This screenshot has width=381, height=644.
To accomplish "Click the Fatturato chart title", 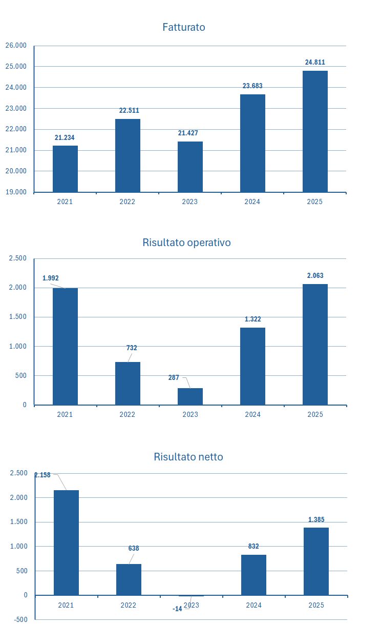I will (x=184, y=27).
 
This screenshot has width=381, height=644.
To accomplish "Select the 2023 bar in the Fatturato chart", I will (x=190, y=167).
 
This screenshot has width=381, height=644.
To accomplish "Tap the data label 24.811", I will (x=315, y=63).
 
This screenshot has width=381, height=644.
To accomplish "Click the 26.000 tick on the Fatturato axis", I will (x=15, y=46).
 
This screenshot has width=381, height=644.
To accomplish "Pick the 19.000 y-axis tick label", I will (x=15, y=192).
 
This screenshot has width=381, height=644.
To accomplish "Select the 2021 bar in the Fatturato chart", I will (x=65, y=169).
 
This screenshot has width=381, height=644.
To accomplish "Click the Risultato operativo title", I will (x=186, y=243).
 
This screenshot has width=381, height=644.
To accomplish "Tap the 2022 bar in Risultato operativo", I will (x=128, y=384).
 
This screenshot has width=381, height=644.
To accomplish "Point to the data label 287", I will (x=174, y=378).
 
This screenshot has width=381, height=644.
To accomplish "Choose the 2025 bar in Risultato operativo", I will (x=315, y=345).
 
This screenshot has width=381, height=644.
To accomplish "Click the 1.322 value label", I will (x=252, y=319).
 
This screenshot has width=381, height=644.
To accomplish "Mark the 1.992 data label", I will (x=50, y=278).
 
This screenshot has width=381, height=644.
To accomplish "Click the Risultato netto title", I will (x=188, y=457).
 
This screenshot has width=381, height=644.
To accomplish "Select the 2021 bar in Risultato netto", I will (x=66, y=542).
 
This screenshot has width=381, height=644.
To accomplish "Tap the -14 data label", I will (x=177, y=609).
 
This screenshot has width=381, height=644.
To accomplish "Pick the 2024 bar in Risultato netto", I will (x=253, y=575).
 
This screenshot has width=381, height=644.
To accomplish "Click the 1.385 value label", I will (x=316, y=520).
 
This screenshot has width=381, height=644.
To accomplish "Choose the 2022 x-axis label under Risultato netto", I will (x=129, y=606).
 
